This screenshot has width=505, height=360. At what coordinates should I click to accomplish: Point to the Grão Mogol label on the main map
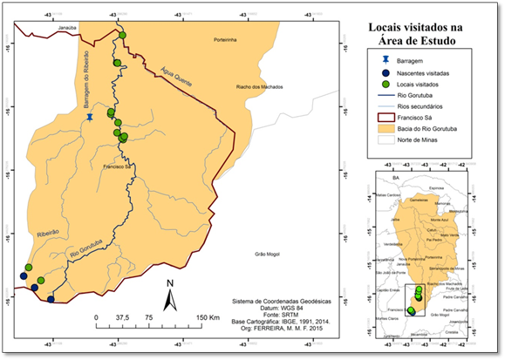pyautogui.click(x=266, y=254)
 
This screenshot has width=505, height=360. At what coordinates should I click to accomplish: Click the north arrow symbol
pyautogui.click(x=172, y=296)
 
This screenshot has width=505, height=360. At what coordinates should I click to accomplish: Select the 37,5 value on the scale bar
pyautogui.click(x=123, y=317)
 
